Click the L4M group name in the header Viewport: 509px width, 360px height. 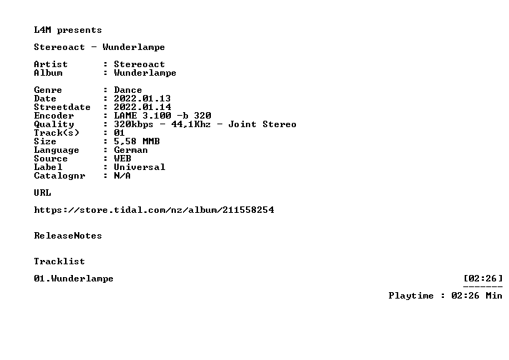click(x=42, y=30)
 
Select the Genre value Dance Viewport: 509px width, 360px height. click(x=128, y=90)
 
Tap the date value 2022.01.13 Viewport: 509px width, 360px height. click(x=142, y=99)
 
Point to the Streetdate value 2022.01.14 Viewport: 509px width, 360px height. click(x=142, y=107)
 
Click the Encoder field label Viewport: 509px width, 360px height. click(x=54, y=116)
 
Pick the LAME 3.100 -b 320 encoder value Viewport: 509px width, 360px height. click(x=162, y=116)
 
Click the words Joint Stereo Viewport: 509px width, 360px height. click(x=262, y=124)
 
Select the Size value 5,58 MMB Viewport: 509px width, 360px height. click(x=137, y=141)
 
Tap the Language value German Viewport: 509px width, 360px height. click(x=131, y=150)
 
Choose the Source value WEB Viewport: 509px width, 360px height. click(x=122, y=159)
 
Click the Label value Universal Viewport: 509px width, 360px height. click(x=139, y=167)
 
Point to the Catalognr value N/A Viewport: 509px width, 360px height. click(x=122, y=176)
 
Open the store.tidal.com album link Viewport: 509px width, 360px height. click(x=154, y=210)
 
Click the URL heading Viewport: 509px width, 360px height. click(x=42, y=193)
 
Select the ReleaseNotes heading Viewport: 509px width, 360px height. click(x=68, y=236)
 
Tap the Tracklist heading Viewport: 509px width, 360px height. click(x=59, y=261)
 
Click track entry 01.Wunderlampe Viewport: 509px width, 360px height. click(x=74, y=279)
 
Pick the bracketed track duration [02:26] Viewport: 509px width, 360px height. click(x=483, y=279)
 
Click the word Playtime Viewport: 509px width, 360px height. click(x=411, y=296)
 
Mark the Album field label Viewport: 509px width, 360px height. click(x=48, y=73)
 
